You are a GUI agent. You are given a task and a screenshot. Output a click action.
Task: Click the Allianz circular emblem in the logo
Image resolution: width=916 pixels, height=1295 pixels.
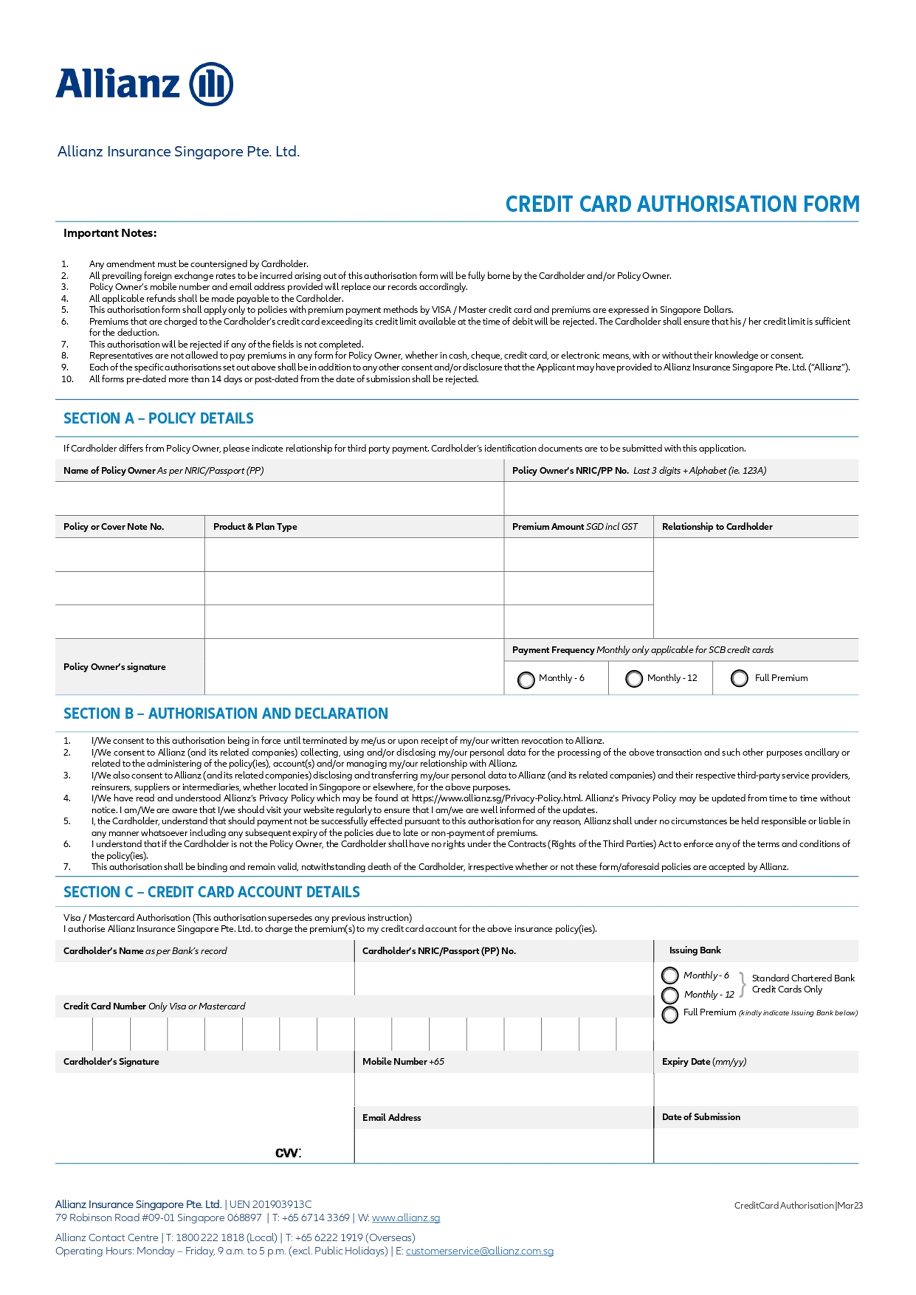click(211, 84)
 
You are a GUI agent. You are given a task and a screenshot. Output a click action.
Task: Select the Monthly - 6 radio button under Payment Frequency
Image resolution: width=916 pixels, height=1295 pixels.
click(526, 680)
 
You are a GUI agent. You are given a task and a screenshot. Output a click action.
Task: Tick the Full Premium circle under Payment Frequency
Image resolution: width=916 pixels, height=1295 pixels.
click(739, 678)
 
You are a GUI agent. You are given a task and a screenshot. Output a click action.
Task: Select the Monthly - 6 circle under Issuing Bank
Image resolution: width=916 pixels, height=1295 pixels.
click(670, 975)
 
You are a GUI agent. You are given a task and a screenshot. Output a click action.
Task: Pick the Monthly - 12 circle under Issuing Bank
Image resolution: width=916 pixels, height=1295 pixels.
click(670, 995)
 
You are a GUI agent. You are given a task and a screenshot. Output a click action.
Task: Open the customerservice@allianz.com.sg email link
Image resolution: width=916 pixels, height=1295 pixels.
click(480, 1251)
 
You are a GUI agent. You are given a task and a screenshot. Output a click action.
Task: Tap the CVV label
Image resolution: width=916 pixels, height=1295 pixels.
click(288, 1153)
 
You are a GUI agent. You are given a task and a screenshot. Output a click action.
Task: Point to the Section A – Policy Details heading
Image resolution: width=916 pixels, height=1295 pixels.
click(158, 418)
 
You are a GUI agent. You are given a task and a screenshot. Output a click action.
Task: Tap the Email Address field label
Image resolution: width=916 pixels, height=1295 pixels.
click(392, 1117)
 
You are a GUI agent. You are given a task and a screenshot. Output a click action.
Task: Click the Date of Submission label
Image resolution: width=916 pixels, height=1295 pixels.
click(700, 1117)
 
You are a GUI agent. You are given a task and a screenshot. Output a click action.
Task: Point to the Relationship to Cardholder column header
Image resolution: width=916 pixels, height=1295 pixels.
click(717, 526)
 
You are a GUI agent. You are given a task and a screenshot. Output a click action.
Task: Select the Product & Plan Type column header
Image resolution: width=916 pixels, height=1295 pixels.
click(255, 526)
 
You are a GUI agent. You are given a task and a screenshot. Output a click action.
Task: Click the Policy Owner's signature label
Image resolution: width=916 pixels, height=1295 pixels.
click(115, 667)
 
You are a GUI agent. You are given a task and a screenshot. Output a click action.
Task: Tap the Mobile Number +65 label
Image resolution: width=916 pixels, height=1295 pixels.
click(403, 1062)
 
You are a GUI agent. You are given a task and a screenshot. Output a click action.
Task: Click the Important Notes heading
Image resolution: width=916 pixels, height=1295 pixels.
click(110, 233)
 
